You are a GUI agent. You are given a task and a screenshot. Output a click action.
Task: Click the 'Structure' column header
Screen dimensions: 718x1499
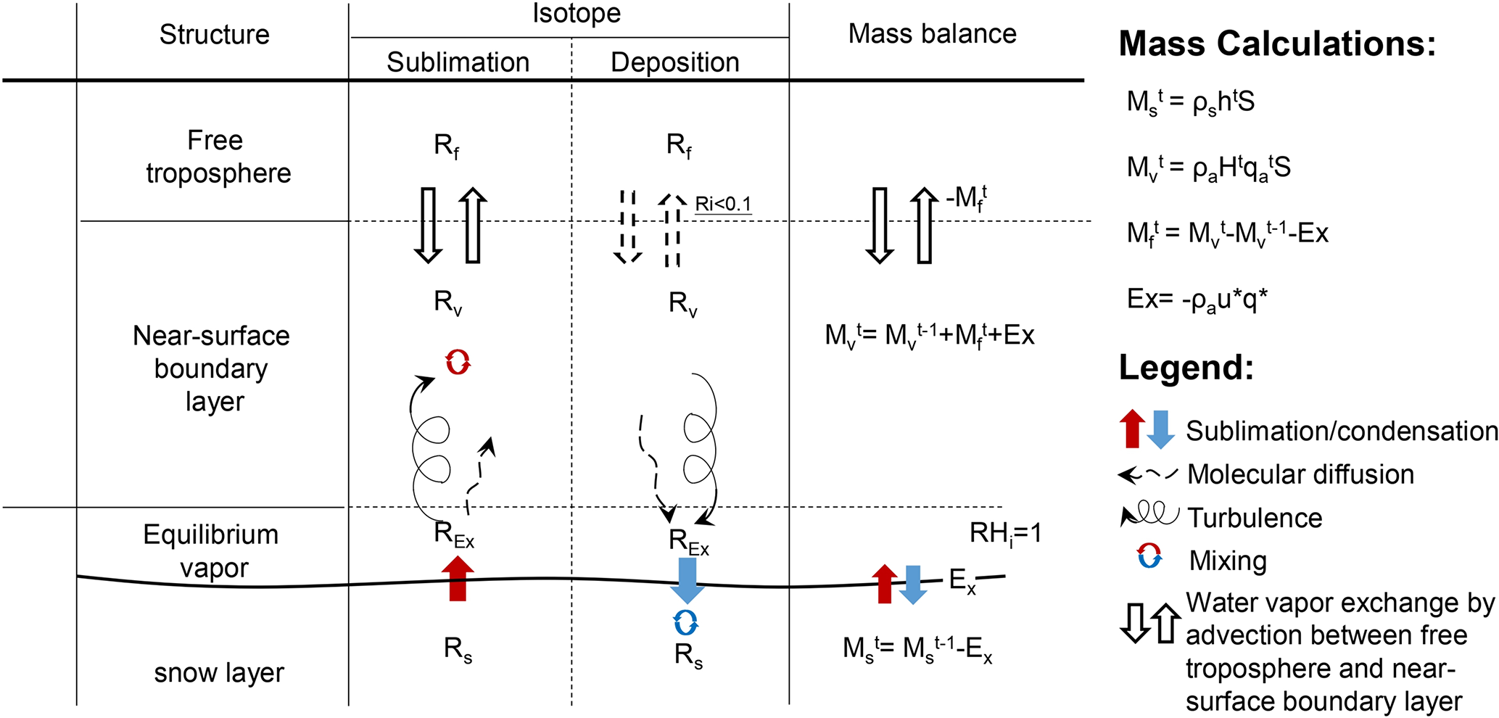[214, 34]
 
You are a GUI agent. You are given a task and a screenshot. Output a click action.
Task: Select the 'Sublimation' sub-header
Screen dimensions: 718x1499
[458, 62]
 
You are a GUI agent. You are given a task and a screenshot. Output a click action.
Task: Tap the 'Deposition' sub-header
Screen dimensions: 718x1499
[674, 62]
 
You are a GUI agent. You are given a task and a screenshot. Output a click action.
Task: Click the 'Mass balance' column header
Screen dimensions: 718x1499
[932, 33]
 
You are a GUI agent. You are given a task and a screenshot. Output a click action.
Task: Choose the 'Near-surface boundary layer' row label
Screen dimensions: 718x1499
[212, 368]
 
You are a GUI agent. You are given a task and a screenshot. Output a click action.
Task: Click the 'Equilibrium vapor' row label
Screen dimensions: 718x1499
[212, 550]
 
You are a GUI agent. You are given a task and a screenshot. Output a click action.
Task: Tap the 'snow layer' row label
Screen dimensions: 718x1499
[218, 672]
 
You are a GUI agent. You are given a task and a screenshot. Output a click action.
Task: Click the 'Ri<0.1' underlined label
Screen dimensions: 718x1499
[723, 204]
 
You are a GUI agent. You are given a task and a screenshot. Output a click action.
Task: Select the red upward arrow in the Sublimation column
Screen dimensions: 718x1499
[458, 578]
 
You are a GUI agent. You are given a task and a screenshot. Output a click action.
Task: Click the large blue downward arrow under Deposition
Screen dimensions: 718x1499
[687, 579]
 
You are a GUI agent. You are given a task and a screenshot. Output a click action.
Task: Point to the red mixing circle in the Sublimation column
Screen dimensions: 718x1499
[458, 361]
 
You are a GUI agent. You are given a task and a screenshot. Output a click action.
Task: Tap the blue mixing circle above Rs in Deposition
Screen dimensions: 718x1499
[685, 622]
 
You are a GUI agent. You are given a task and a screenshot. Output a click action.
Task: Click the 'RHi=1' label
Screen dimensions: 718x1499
[1005, 534]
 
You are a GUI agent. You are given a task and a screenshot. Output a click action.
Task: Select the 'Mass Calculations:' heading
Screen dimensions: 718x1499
[1277, 44]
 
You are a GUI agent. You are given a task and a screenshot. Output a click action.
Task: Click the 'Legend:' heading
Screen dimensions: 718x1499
[1186, 367]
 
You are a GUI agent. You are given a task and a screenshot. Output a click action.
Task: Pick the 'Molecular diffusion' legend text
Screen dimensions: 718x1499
[1300, 474]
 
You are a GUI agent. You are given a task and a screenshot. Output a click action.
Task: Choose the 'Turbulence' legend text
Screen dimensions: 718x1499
[1255, 518]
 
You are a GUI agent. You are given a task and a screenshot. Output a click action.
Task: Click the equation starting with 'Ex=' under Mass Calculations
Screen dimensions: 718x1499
[1197, 299]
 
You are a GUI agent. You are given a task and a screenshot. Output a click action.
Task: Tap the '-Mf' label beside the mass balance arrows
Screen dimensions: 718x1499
[966, 197]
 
